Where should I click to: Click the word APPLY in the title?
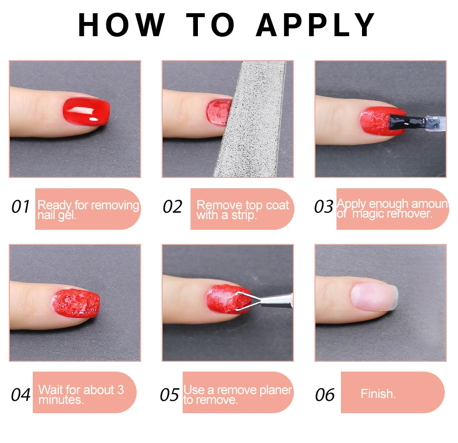point(316,25)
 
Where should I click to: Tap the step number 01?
point(21,207)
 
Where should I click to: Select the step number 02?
point(172,207)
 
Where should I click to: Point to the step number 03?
point(323,207)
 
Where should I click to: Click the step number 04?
point(21,395)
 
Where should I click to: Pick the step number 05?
point(169,395)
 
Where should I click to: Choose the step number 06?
point(325,395)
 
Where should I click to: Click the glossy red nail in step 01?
point(86,111)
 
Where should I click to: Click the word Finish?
point(378,394)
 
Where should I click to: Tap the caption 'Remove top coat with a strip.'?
point(242,210)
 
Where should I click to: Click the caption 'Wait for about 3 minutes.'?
point(81,394)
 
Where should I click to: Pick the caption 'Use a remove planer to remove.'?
point(238,395)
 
